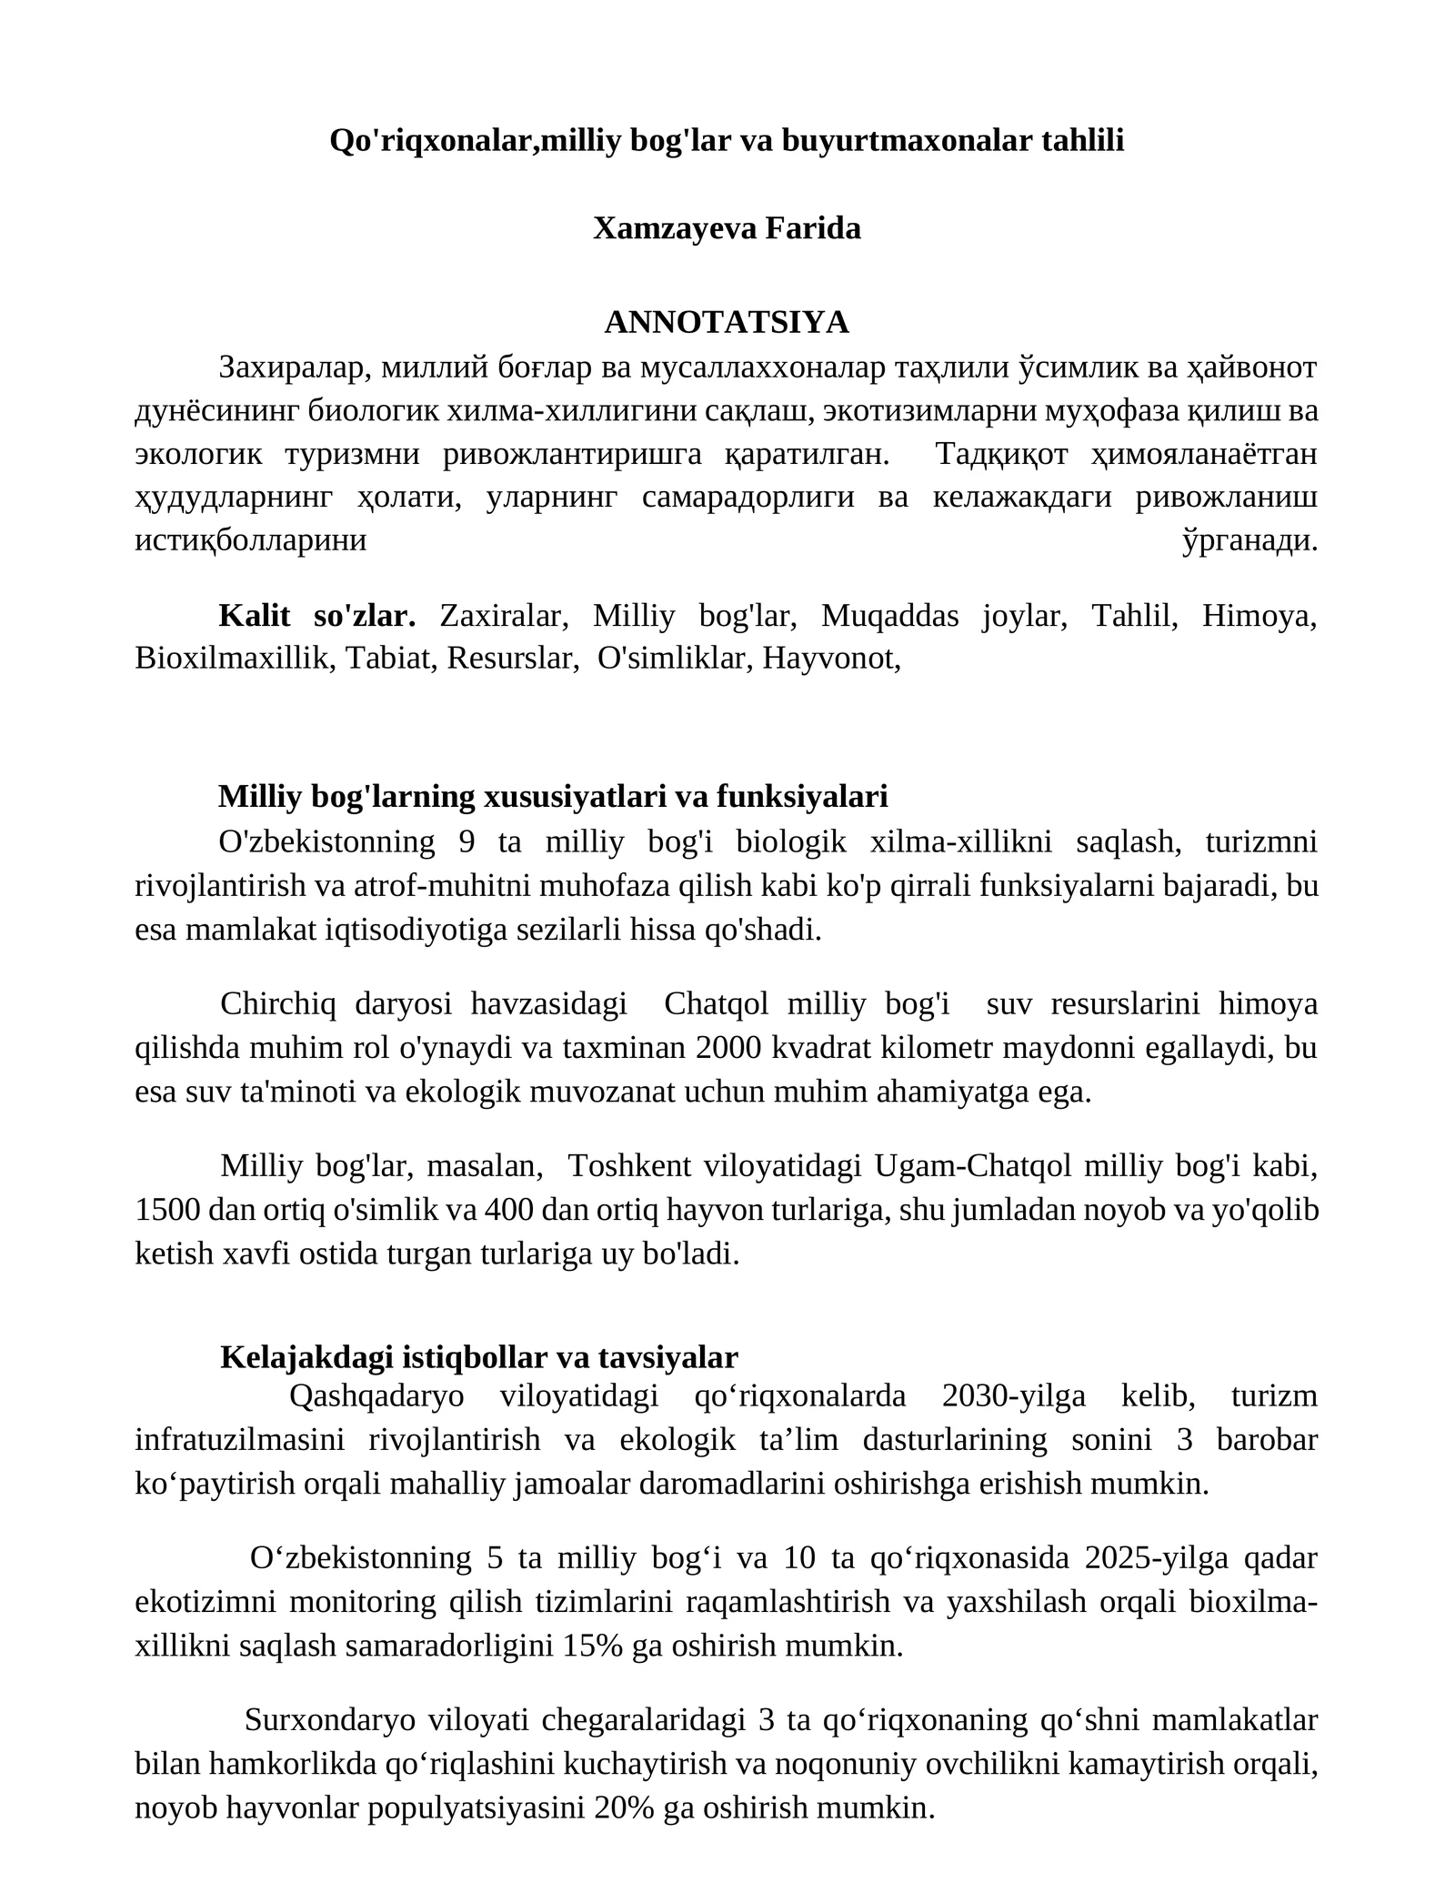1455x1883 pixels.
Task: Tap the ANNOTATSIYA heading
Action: tap(727, 322)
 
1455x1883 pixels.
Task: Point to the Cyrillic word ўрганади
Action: tap(1249, 541)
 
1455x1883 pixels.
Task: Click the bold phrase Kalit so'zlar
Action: tap(316, 616)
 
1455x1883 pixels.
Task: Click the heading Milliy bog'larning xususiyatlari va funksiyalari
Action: tap(553, 797)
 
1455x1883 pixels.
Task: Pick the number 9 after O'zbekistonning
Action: tap(467, 842)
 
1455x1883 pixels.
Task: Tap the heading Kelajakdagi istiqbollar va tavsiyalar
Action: tap(479, 1357)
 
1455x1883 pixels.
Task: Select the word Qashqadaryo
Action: tap(376, 1396)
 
